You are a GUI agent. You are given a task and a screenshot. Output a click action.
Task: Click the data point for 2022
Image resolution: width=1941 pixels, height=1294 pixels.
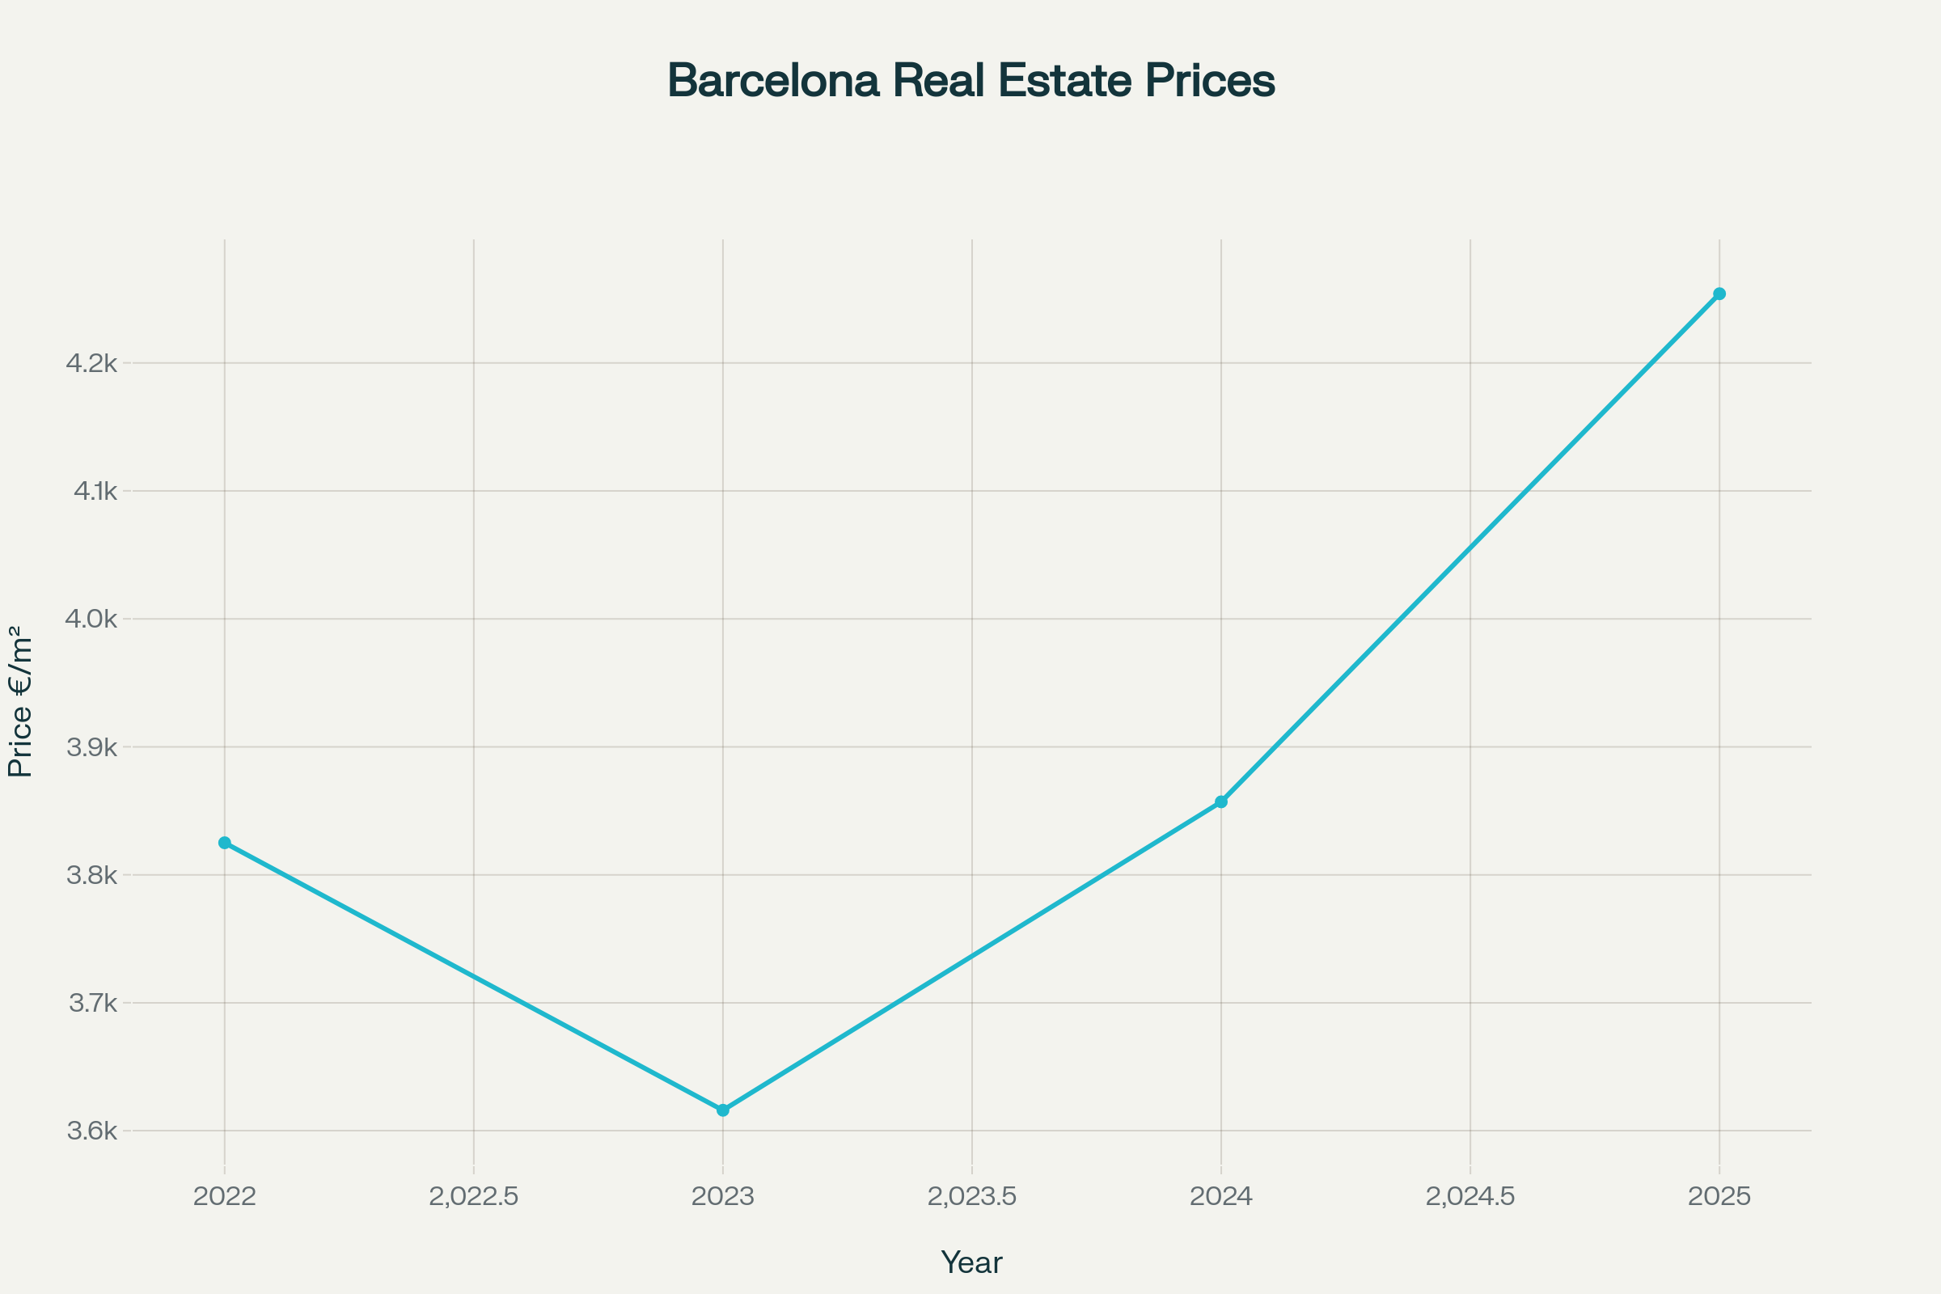tap(225, 843)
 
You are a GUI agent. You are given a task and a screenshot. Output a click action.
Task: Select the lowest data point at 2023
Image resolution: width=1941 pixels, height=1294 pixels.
tap(723, 1110)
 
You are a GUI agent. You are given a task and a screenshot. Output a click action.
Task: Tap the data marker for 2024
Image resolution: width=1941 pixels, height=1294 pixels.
tap(1221, 802)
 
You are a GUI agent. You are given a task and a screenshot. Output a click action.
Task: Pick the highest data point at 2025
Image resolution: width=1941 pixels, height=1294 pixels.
tap(1719, 294)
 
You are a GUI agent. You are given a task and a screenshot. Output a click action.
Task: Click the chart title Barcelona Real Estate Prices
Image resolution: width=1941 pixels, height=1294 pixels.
tap(970, 81)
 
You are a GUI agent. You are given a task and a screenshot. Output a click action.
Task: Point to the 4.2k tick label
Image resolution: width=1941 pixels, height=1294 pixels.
tap(91, 363)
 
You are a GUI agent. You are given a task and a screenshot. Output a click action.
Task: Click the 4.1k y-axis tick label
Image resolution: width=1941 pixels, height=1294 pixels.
tap(95, 491)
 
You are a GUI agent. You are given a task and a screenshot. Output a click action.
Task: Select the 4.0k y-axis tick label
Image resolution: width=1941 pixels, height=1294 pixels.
tap(91, 619)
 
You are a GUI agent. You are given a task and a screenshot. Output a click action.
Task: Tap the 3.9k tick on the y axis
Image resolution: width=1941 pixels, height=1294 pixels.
tap(91, 747)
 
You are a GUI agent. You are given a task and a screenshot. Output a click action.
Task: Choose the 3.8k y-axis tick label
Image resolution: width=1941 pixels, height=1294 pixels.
tap(91, 876)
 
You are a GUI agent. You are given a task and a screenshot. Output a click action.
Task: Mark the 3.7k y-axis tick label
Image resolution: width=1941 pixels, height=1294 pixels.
tap(93, 1004)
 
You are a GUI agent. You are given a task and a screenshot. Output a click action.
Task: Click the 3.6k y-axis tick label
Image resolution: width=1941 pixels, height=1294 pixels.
tap(91, 1131)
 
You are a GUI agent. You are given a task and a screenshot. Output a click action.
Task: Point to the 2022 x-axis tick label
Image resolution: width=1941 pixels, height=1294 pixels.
tap(225, 1197)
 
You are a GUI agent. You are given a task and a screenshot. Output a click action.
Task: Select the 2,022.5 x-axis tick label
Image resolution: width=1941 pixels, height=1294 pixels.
tap(474, 1197)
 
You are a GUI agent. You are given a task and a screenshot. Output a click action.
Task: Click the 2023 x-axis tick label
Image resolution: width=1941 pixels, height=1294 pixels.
tap(723, 1197)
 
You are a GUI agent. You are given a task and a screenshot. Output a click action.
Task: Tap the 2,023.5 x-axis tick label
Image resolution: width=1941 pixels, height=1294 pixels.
tap(972, 1197)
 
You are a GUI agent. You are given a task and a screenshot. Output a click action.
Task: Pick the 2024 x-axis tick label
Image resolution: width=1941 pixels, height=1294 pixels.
tap(1221, 1197)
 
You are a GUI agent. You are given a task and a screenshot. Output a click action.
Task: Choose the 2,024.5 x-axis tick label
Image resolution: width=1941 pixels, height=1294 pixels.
tap(1470, 1197)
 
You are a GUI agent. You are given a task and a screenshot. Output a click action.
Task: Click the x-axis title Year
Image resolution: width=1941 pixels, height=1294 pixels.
tap(971, 1262)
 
